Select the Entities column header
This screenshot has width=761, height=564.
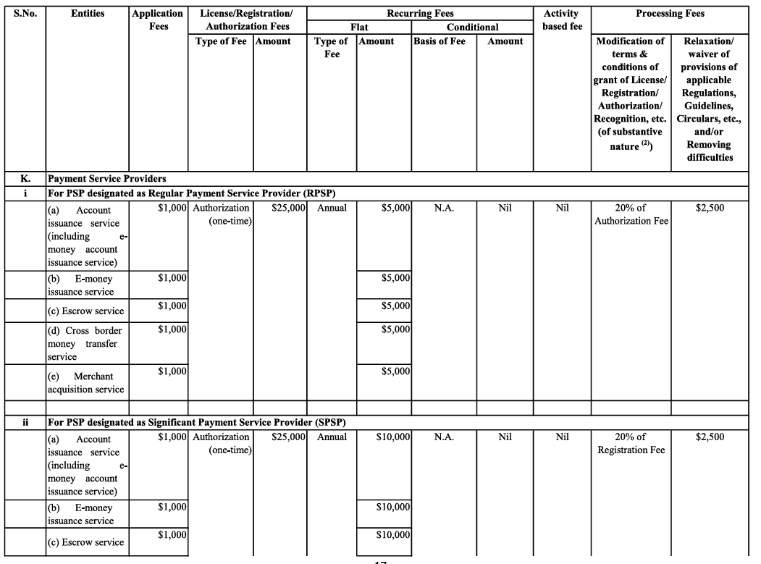[88, 14]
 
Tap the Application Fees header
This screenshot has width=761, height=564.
[158, 20]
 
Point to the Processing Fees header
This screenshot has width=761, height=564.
[670, 14]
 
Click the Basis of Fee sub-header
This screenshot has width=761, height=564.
[440, 41]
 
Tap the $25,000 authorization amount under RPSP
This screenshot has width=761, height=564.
[290, 209]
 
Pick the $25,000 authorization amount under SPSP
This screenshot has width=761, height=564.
[290, 437]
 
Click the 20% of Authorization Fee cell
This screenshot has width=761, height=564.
[631, 214]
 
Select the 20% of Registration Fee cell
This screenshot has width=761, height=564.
[631, 443]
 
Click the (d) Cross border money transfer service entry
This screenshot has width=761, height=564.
[83, 344]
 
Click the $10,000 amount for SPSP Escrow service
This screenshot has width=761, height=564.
[393, 535]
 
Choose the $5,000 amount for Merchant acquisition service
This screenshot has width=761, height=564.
[395, 372]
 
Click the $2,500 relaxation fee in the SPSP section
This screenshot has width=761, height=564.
[710, 437]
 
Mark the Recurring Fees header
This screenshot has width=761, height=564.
[421, 14]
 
